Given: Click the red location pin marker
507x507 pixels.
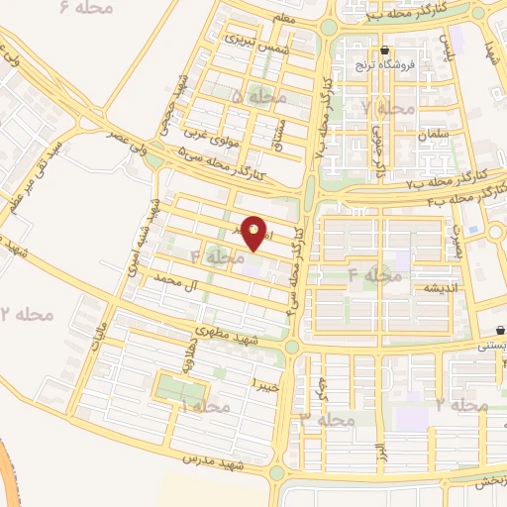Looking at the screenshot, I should tap(254, 234).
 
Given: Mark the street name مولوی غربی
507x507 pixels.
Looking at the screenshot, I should tap(205, 134).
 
